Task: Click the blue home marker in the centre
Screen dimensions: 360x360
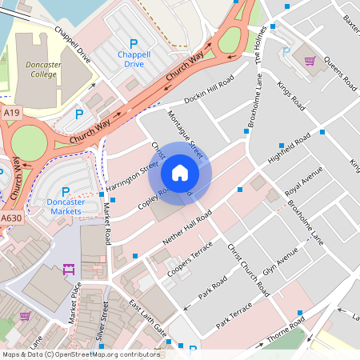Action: click(x=180, y=172)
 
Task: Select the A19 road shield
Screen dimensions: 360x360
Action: click(x=11, y=114)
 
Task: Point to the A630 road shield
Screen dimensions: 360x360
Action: click(x=11, y=218)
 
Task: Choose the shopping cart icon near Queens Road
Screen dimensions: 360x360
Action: click(x=308, y=60)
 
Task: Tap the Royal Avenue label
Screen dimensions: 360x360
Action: click(x=303, y=182)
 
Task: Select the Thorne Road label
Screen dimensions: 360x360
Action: click(x=286, y=329)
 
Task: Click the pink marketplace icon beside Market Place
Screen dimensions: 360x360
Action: click(x=68, y=268)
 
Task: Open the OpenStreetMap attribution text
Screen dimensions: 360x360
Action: click(x=81, y=354)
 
